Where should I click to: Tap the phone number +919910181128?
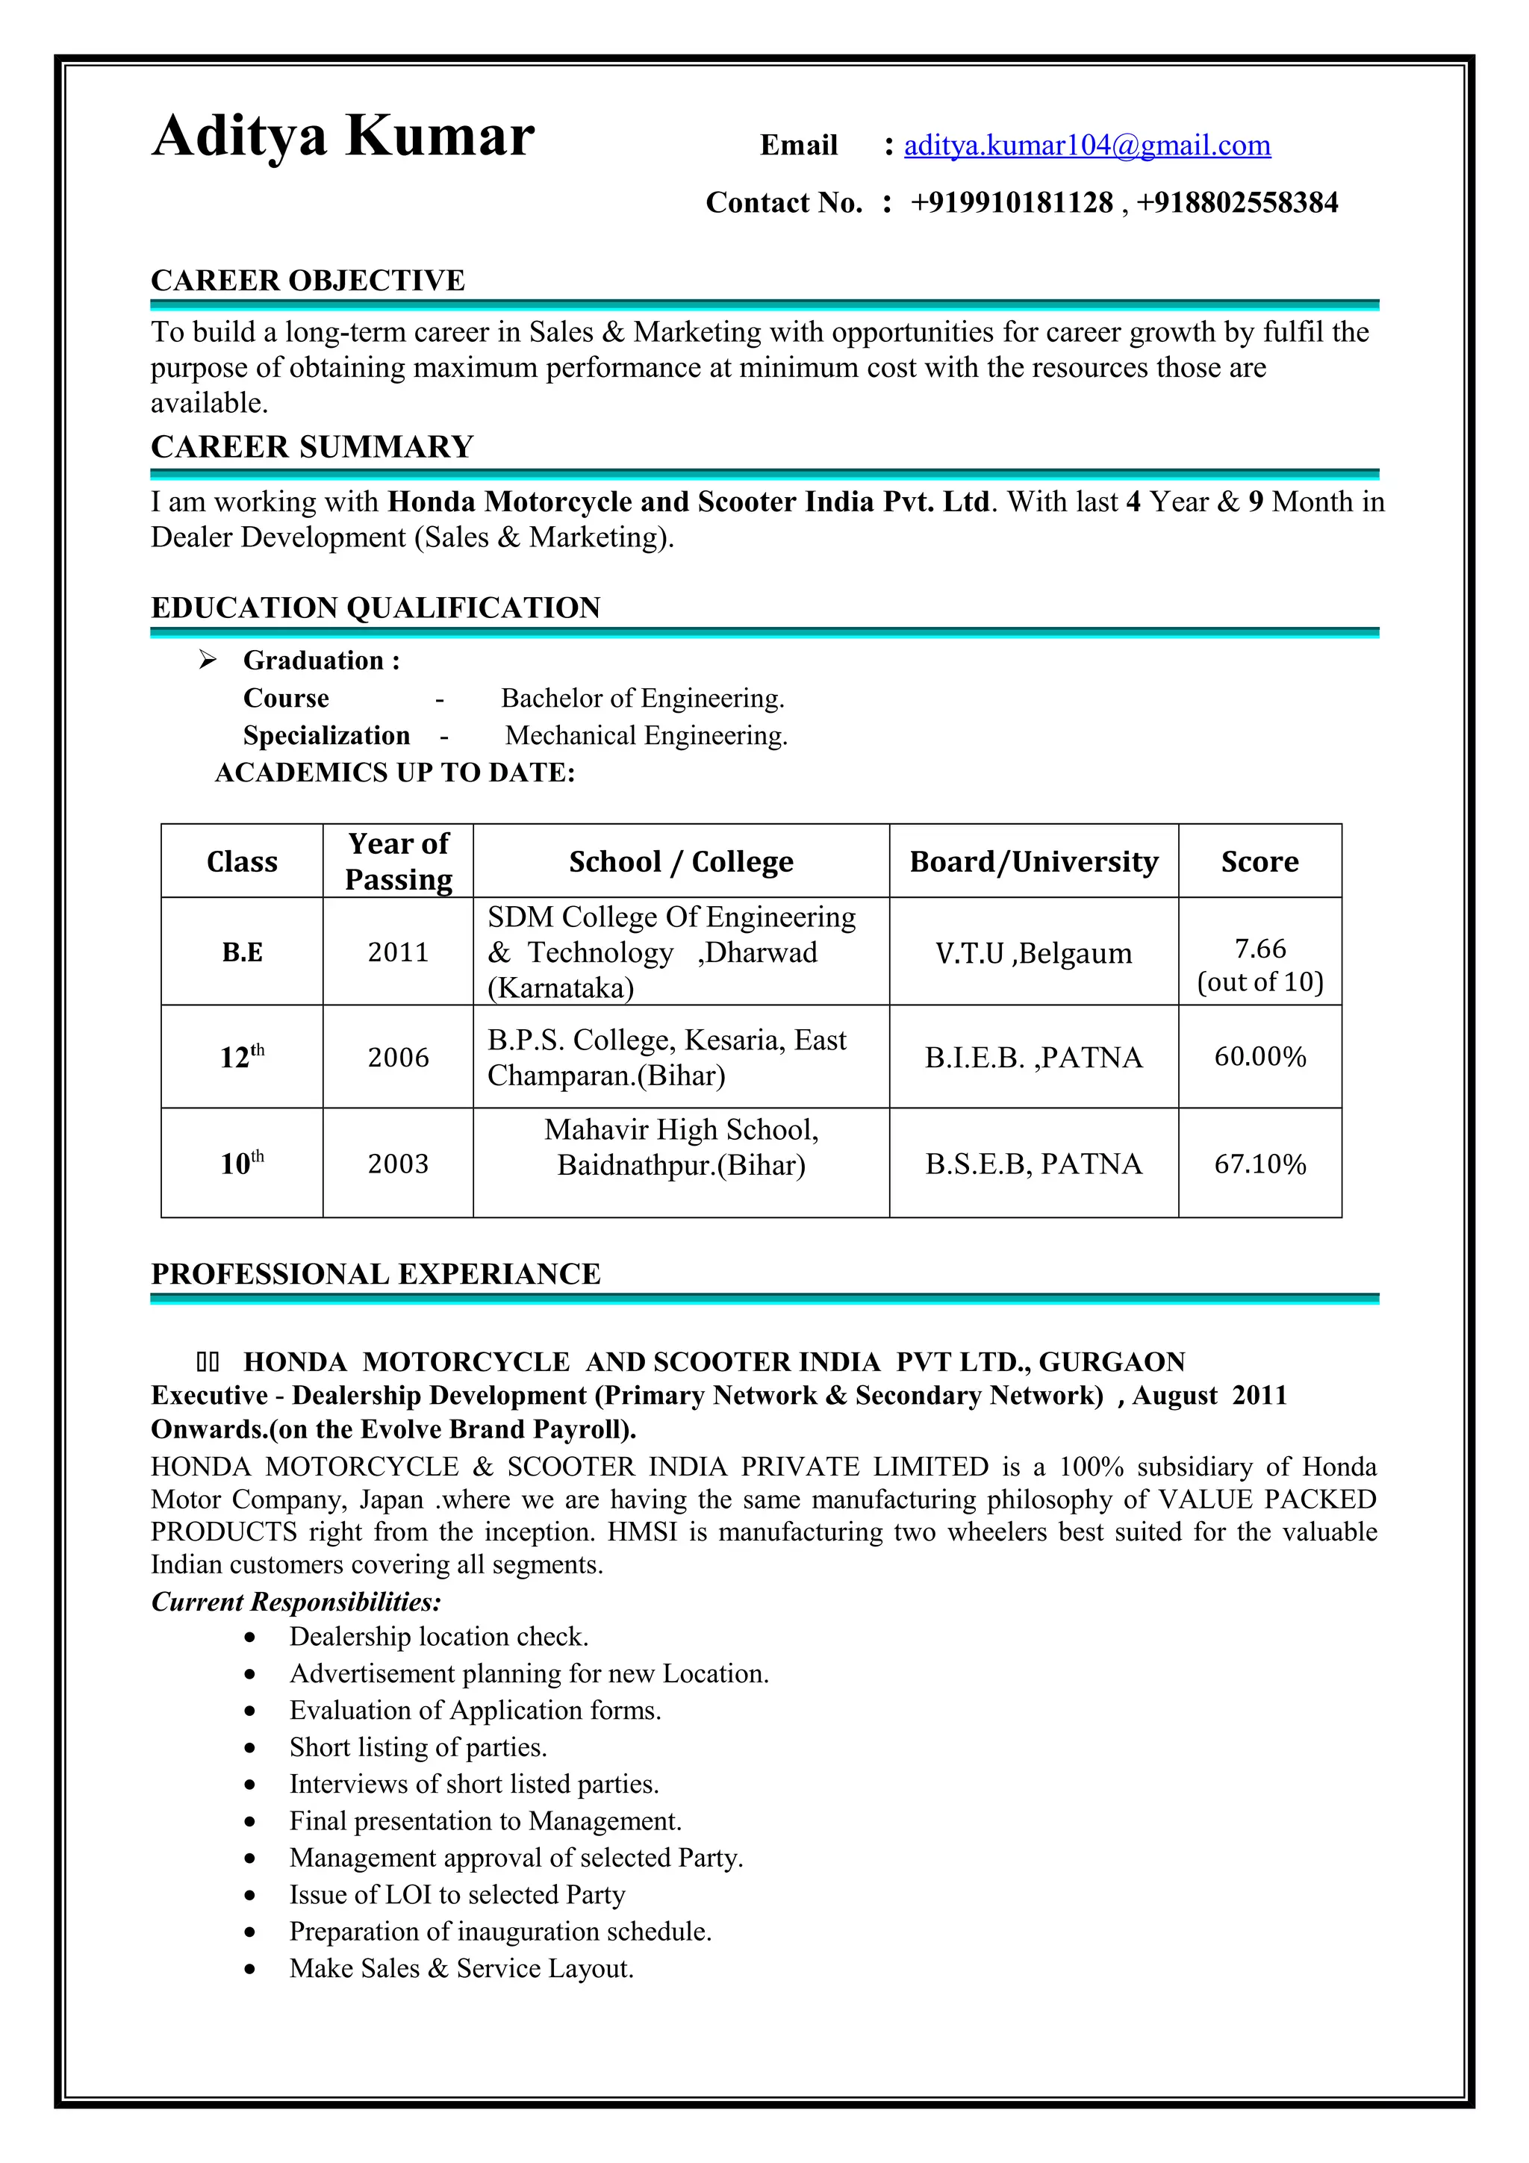pos(1011,202)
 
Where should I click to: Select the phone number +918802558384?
pos(1236,202)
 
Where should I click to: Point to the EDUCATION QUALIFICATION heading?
pos(375,608)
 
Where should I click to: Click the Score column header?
pos(1259,861)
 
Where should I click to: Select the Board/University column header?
pos(1033,861)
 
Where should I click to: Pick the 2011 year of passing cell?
pos(398,952)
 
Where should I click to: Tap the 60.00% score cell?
pos(1259,1056)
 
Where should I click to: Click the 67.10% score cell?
pos(1259,1164)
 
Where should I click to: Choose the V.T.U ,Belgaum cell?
pos(1033,952)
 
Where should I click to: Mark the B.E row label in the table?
pos(242,952)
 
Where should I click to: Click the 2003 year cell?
pos(398,1164)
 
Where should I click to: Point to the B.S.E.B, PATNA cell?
pos(1033,1164)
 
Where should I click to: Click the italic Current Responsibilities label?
pos(296,1602)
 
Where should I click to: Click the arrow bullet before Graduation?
pos(208,661)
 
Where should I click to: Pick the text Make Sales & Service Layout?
pos(461,1968)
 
